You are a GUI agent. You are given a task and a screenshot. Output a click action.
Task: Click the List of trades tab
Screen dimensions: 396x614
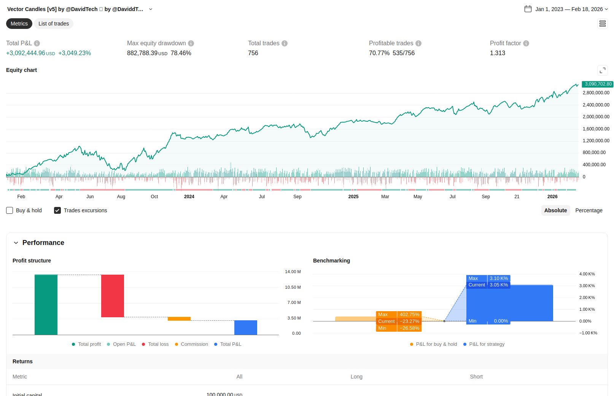54,24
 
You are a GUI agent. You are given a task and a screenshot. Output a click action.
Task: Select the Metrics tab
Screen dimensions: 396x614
19,24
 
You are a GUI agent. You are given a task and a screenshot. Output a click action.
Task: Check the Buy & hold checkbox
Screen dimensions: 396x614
10,210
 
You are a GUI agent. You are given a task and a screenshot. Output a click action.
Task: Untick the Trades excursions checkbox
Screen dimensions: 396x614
57,210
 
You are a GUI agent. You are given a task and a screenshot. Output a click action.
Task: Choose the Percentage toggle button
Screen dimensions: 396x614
589,210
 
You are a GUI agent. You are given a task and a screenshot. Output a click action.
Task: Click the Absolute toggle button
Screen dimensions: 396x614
555,210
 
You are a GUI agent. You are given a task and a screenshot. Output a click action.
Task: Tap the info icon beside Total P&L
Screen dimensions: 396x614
37,43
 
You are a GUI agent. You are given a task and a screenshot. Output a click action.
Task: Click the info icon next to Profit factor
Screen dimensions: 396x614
526,43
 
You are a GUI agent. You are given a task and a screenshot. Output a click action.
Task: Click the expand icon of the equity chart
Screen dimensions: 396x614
603,70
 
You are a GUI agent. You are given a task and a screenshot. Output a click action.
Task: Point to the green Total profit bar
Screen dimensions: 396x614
46,304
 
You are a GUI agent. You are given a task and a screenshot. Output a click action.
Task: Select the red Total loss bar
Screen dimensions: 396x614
113,296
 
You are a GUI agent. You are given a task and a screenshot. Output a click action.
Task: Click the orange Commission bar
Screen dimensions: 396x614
179,319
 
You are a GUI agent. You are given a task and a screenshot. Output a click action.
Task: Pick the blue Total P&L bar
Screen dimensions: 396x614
246,328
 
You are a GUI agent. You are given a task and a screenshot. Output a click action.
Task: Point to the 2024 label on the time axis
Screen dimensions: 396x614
189,197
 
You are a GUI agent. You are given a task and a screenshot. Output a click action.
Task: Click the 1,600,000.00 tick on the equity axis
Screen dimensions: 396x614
596,129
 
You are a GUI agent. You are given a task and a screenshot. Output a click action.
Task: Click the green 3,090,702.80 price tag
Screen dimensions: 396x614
598,84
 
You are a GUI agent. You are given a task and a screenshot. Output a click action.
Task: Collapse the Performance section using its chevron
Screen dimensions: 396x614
16,243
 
